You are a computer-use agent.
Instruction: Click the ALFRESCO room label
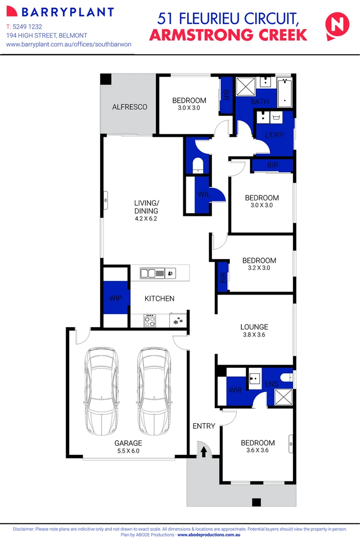click(130, 107)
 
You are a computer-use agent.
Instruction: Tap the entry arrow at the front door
click(204, 452)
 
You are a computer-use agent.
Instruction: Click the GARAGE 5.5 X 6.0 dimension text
click(128, 451)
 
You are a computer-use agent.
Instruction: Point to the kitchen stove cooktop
click(150, 320)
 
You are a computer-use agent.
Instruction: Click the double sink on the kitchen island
click(149, 273)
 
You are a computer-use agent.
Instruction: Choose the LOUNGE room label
click(254, 327)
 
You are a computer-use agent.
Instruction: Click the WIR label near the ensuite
click(235, 390)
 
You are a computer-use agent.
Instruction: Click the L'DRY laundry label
click(274, 135)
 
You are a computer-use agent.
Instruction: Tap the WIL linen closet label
click(203, 194)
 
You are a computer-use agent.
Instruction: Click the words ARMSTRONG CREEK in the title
click(228, 35)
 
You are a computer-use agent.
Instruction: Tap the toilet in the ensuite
click(287, 377)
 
